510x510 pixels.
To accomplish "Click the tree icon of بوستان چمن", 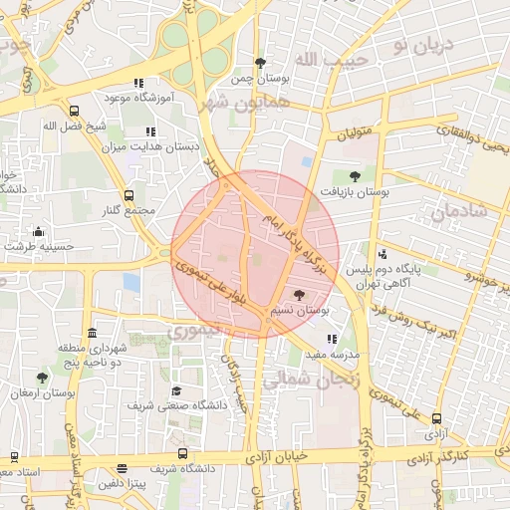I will tap(260, 63).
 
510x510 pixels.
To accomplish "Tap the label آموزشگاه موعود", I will tap(138, 99).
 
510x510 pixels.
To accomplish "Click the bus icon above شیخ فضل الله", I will tap(74, 112).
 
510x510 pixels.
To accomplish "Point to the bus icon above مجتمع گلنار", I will tap(128, 195).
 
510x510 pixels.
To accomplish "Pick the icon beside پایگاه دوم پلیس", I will tap(382, 254).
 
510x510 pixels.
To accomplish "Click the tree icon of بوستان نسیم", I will tap(299, 295).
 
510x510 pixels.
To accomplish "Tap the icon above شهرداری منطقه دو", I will tap(93, 333).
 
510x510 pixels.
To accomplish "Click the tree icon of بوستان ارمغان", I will tap(41, 379).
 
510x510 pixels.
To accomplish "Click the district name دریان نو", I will tap(422, 45).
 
